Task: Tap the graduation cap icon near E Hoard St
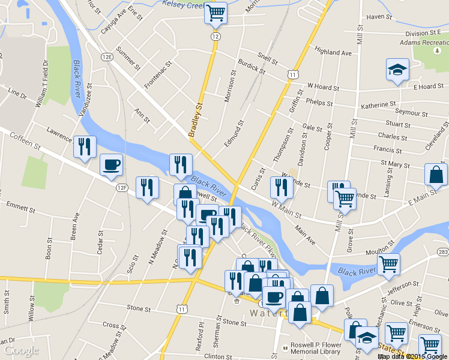[x=397, y=70]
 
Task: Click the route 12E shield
[x=107, y=57]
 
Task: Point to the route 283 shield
[x=443, y=251]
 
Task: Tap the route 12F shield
[x=122, y=188]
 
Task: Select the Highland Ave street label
[x=333, y=53]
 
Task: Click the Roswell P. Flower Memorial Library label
[x=316, y=349]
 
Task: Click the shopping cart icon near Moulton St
[x=388, y=264]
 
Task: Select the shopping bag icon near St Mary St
[x=435, y=175]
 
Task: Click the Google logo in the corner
[x=21, y=350]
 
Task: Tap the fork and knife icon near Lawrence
[x=84, y=146]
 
